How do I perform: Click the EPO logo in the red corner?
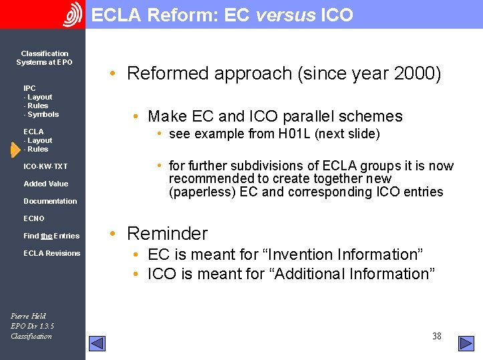pos(72,14)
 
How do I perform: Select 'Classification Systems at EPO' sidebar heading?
pos(44,58)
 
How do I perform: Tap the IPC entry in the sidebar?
pos(29,88)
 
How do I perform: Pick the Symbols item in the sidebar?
pos(43,114)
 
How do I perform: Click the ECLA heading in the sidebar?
pos(33,132)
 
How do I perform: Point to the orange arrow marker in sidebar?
pos(15,150)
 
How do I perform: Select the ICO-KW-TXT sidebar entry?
pos(45,166)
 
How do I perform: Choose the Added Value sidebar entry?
pos(45,184)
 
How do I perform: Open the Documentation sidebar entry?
pos(50,201)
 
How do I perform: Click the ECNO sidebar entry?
pos(34,218)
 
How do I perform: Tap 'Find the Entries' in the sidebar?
pos(51,236)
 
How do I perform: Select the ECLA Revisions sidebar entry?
pos(51,253)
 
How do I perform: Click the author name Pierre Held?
pos(28,316)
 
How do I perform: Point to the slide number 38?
pos(436,336)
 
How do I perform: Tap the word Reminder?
pos(167,234)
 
